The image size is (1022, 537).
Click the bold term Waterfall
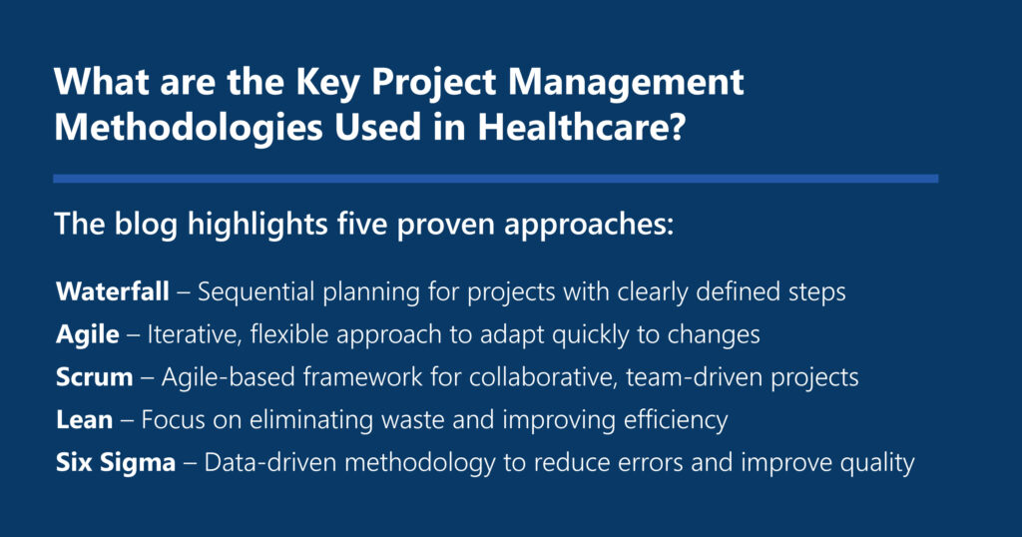pyautogui.click(x=113, y=291)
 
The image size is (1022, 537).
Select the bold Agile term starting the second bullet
pyautogui.click(x=88, y=335)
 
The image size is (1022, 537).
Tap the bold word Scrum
pyautogui.click(x=95, y=377)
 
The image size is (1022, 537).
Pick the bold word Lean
pyautogui.click(x=84, y=419)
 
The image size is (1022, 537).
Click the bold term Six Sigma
pyautogui.click(x=116, y=463)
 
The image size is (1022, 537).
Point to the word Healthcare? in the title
pyautogui.click(x=582, y=127)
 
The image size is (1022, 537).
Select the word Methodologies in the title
pyautogui.click(x=189, y=128)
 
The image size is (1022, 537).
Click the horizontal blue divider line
pyautogui.click(x=495, y=179)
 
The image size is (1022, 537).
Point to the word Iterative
pyautogui.click(x=195, y=335)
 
